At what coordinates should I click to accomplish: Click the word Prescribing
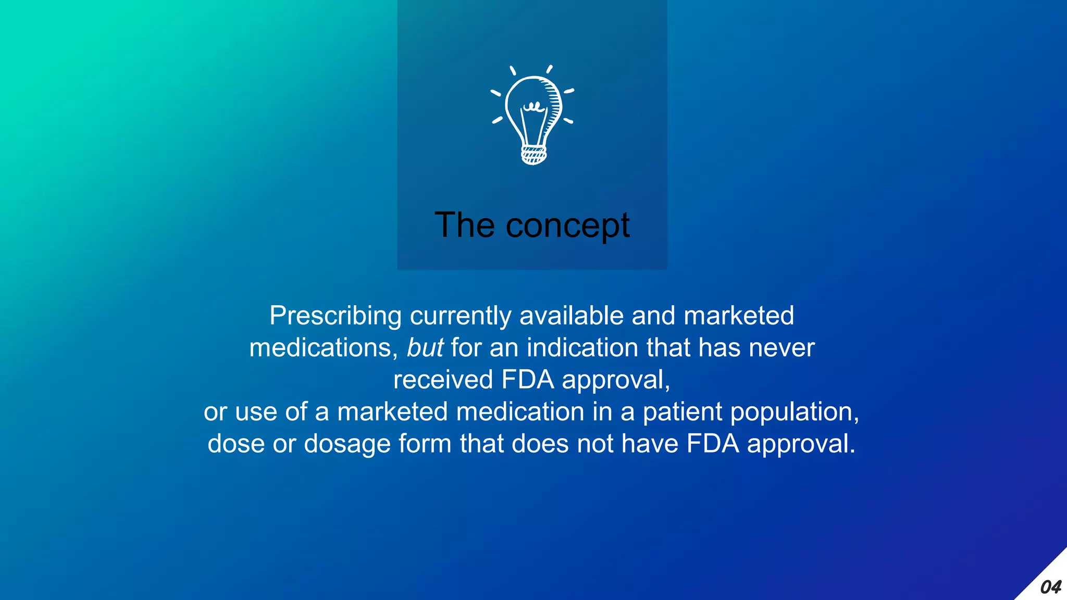tap(336, 316)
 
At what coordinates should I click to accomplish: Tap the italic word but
tap(425, 348)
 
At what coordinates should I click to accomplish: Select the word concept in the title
tap(567, 226)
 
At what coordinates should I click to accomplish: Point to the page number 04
tap(1050, 587)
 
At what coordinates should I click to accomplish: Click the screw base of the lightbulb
tap(533, 155)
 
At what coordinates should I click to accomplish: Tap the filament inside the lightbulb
tap(533, 107)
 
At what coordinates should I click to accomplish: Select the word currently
tap(461, 316)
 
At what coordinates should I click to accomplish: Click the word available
tap(572, 316)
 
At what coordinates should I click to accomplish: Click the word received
tap(443, 380)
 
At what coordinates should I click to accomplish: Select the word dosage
tap(347, 444)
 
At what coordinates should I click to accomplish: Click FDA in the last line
tap(713, 444)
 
